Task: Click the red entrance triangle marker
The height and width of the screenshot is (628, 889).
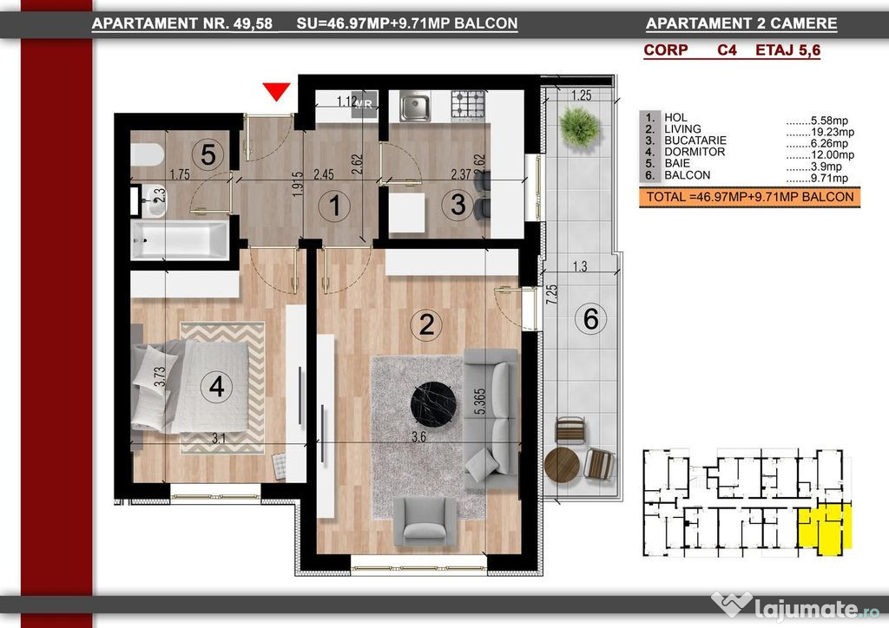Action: click(x=277, y=91)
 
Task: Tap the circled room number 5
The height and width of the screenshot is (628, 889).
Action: click(x=208, y=154)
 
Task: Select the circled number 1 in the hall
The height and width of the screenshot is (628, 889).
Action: click(x=334, y=206)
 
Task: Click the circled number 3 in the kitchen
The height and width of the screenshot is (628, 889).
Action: click(x=458, y=204)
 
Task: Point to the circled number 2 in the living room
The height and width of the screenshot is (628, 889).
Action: click(x=426, y=324)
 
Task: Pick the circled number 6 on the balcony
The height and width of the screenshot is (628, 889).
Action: click(x=590, y=318)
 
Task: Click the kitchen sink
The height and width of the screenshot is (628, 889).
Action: click(x=415, y=106)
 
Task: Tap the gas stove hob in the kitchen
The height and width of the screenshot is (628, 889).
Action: click(x=468, y=105)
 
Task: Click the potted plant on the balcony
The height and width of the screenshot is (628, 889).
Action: click(x=579, y=128)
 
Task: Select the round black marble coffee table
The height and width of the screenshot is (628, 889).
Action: click(x=434, y=403)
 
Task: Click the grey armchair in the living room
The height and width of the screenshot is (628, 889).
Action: click(x=425, y=521)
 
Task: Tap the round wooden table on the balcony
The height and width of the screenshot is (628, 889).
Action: click(x=562, y=465)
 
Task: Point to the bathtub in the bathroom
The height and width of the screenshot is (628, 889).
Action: click(x=180, y=240)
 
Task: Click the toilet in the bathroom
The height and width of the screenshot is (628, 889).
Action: click(x=147, y=154)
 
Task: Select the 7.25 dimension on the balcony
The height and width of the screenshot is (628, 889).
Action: click(x=551, y=294)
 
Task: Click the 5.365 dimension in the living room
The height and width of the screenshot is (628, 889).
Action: click(x=479, y=402)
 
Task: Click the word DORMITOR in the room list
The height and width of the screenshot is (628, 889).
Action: click(x=695, y=152)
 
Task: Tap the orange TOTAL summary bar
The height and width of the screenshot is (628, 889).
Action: click(x=749, y=198)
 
